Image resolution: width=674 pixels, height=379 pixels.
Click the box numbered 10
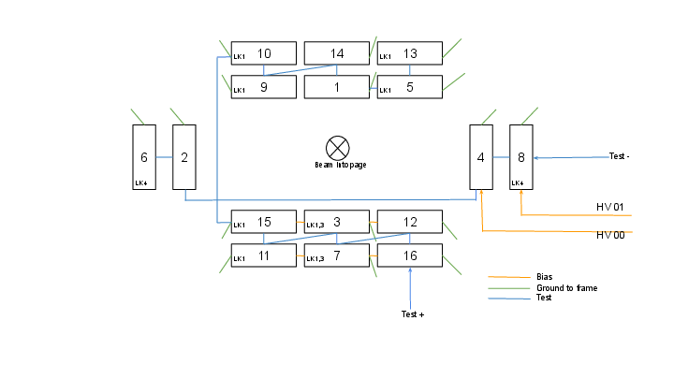point(263,53)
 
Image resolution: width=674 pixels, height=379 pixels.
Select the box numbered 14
point(337,53)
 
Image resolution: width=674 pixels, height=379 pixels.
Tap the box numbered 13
point(409,53)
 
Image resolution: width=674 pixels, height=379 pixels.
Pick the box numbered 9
point(263,87)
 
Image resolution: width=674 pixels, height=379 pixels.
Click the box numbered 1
point(337,87)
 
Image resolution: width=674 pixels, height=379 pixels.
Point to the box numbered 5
point(409,87)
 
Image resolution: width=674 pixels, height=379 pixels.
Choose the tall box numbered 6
point(144,157)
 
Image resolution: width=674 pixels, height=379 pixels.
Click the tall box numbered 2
point(184,157)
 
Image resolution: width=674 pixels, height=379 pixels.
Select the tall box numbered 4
point(481,157)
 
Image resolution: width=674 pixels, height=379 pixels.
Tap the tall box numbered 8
point(521,157)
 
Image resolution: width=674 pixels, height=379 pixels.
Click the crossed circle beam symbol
point(337,147)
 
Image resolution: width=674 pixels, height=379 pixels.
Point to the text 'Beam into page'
point(340,165)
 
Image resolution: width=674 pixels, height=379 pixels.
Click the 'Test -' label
point(619,156)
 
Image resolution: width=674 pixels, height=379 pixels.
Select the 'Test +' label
point(412,314)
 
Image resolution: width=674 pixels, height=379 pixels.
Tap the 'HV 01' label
point(609,206)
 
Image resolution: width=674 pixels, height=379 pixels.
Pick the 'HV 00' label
point(609,234)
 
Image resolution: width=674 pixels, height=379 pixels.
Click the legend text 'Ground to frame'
point(566,288)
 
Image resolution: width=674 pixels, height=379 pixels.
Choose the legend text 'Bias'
point(545,277)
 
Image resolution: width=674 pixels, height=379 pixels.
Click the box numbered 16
point(409,255)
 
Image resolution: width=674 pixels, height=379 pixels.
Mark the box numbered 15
point(263,222)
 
